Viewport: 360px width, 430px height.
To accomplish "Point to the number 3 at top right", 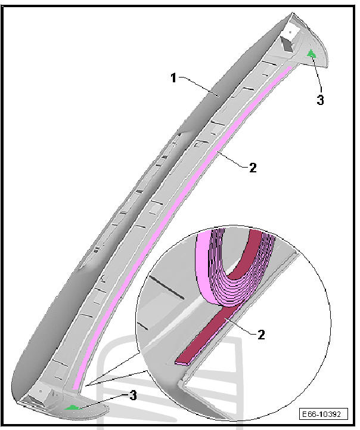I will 320,100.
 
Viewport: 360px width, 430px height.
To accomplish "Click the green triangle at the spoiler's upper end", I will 311,53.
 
